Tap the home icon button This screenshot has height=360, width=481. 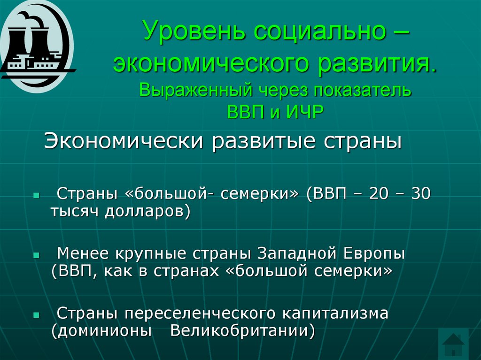(x=453, y=344)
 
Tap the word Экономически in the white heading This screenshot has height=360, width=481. (x=124, y=141)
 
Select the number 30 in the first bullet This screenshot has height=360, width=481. (x=419, y=193)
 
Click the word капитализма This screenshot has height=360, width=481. (x=334, y=313)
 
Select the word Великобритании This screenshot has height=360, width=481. (x=242, y=330)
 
